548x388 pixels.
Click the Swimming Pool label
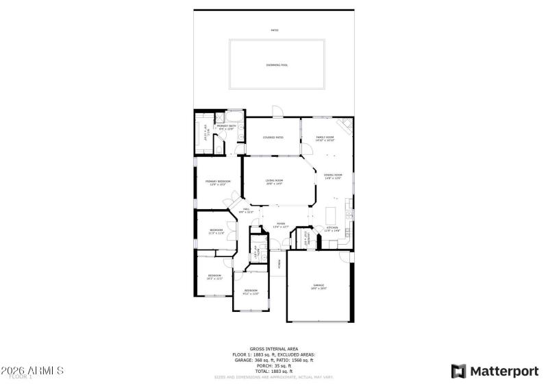277,65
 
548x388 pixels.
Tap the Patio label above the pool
275,30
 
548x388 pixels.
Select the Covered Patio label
273,137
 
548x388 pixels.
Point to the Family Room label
325,138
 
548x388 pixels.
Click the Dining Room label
333,176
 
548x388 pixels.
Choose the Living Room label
274,182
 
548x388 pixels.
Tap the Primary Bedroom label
218,182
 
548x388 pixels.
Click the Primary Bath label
226,127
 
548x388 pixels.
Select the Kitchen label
332,228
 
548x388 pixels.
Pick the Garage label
319,287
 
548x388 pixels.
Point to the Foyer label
281,224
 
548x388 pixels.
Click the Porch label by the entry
279,262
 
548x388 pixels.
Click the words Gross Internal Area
273,349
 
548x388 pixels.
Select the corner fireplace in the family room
347,123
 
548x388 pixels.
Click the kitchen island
334,210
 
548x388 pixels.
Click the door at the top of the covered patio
275,111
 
